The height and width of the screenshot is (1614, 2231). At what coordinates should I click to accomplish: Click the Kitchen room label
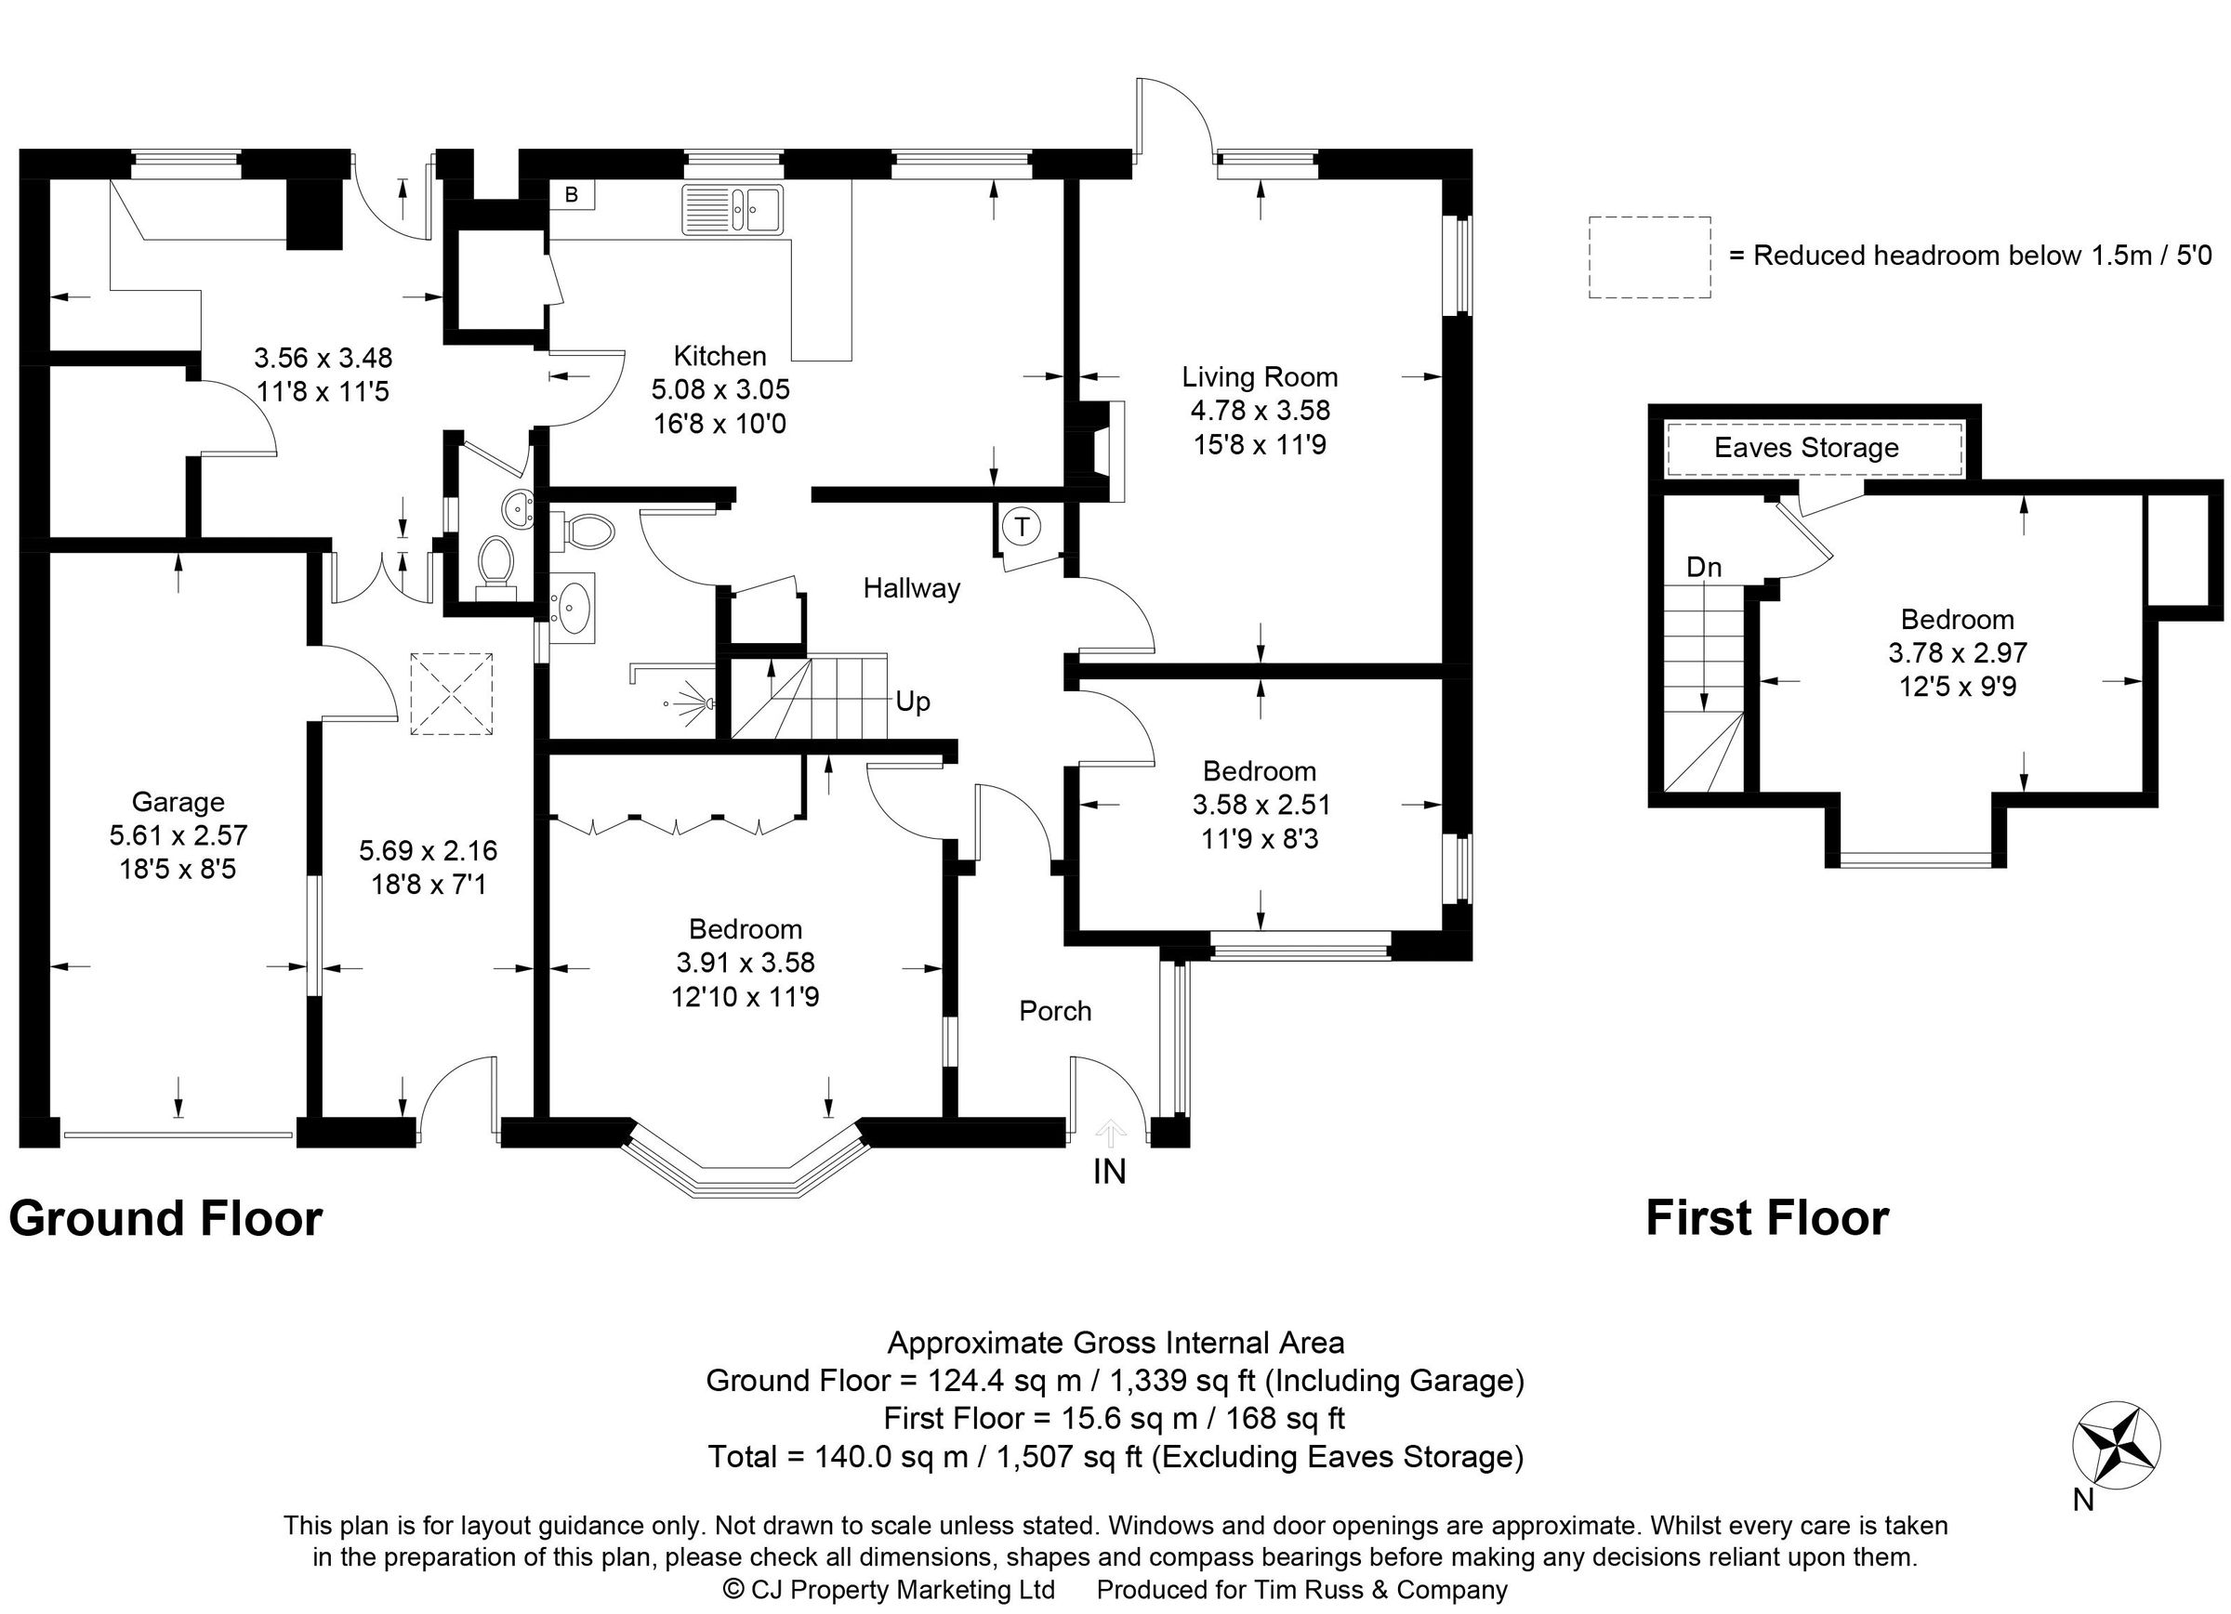pos(719,355)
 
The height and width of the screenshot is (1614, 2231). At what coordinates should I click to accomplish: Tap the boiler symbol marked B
pos(572,195)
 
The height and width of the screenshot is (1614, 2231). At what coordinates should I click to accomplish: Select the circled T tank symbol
pos(1022,527)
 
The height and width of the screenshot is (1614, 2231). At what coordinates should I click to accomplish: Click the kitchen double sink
pos(733,208)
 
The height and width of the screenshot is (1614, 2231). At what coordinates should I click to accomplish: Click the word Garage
pos(178,802)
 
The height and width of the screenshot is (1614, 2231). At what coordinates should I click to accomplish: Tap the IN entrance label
pos(1110,1172)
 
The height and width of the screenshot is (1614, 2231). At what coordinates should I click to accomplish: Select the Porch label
pos(1054,1011)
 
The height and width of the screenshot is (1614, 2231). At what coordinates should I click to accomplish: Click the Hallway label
pos(911,588)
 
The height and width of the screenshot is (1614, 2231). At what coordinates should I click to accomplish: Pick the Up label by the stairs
pos(912,702)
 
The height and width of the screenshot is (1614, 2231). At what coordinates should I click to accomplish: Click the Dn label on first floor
pos(1704,568)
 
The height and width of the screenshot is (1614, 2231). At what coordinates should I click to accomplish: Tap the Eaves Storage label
pos(1806,449)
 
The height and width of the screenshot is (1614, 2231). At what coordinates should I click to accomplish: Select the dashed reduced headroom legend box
pos(1650,257)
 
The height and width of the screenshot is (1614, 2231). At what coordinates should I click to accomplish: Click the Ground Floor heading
pos(165,1218)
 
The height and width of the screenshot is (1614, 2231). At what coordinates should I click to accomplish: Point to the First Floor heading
pos(1767,1218)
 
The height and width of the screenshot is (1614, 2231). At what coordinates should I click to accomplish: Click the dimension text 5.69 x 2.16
pos(428,850)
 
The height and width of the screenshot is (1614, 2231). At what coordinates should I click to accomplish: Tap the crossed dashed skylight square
pos(452,693)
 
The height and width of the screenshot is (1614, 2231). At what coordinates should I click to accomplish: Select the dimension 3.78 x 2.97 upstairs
pos(1957,653)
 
